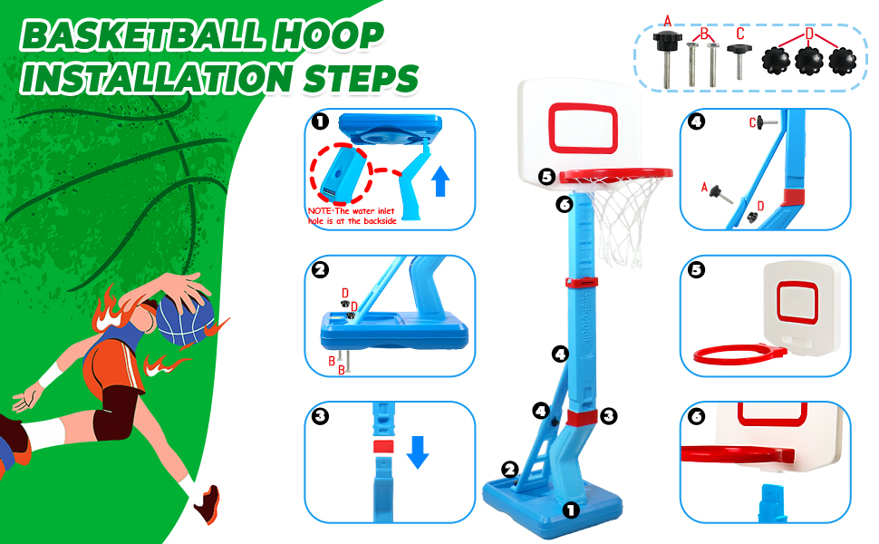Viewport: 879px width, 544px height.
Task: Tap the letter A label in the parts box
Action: [668, 20]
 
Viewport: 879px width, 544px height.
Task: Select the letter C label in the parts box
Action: [739, 34]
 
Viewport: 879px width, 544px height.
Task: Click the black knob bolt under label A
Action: [667, 44]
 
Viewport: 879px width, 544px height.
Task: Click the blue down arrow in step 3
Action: [417, 451]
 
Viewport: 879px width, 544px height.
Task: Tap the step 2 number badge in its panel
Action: [320, 269]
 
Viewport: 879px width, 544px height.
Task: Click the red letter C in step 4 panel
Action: [752, 121]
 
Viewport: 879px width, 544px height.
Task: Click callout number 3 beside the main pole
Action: [609, 416]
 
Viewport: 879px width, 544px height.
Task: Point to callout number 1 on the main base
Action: [571, 510]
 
